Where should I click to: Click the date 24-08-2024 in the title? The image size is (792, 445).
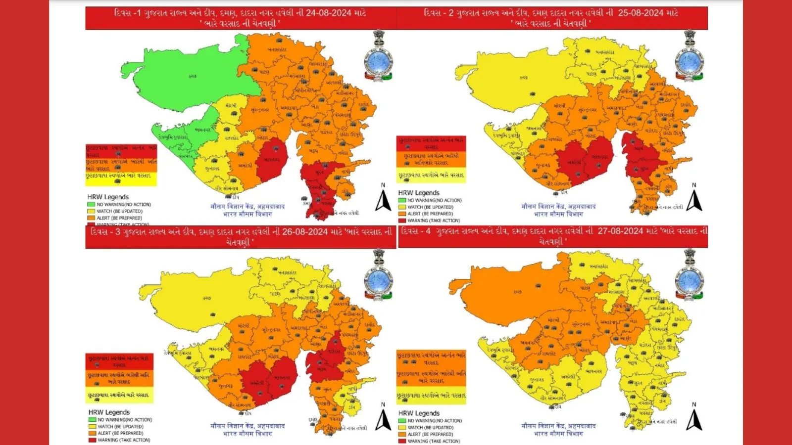pyautogui.click(x=328, y=13)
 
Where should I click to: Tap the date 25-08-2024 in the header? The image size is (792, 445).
pyautogui.click(x=640, y=13)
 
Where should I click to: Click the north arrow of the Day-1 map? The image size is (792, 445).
pyautogui.click(x=383, y=199)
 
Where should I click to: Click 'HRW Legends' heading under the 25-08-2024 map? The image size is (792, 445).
pyautogui.click(x=419, y=193)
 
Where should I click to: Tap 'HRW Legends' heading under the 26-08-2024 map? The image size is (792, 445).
pyautogui.click(x=109, y=412)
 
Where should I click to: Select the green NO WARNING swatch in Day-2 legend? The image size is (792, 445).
pyautogui.click(x=402, y=200)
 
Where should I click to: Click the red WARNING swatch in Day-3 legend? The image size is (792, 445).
pyautogui.click(x=92, y=440)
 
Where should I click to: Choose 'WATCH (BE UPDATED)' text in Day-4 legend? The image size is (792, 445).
pyautogui.click(x=430, y=428)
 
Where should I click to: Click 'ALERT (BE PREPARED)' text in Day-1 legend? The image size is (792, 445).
pyautogui.click(x=119, y=218)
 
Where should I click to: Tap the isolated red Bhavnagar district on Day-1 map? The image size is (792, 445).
pyautogui.click(x=272, y=160)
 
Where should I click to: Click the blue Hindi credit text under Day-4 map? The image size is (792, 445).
pyautogui.click(x=558, y=429)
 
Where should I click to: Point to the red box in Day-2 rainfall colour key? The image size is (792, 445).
pyautogui.click(x=431, y=143)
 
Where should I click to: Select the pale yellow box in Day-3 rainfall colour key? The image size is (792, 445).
pyautogui.click(x=119, y=396)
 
